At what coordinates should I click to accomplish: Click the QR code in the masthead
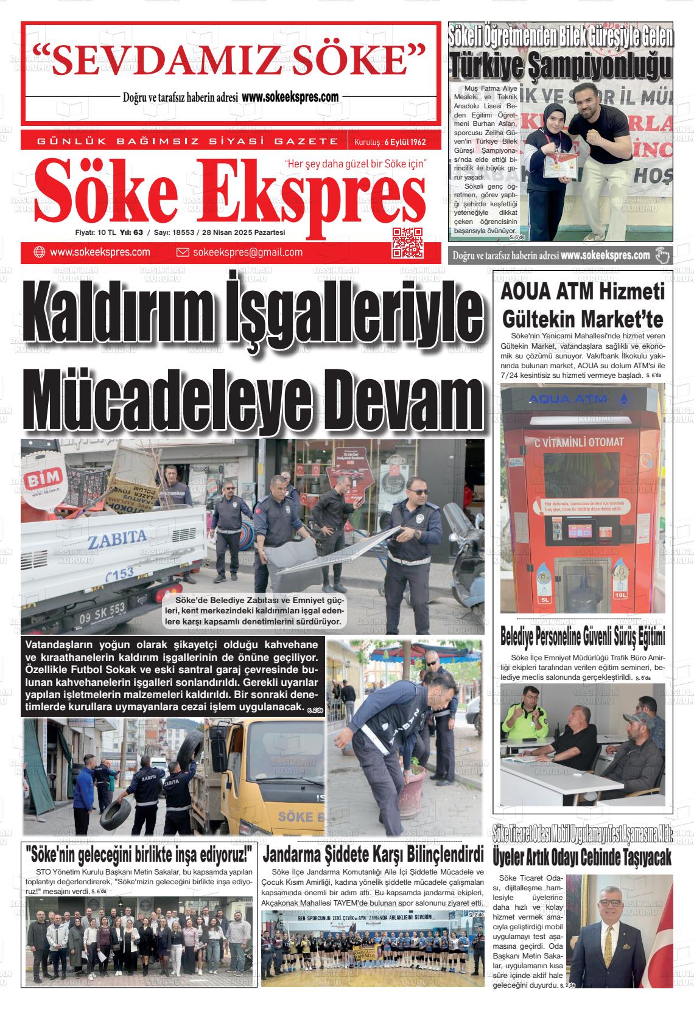coord(407,243)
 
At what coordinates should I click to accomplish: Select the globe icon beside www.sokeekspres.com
coord(40,253)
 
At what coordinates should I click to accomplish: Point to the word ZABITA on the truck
coord(117,537)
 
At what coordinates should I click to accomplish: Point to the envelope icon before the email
coord(183,253)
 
